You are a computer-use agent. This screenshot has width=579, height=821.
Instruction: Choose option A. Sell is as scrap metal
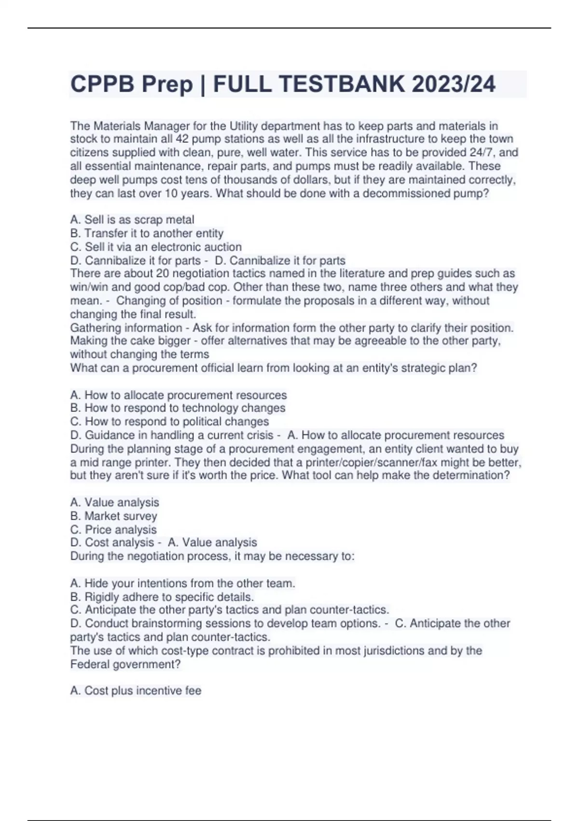132,220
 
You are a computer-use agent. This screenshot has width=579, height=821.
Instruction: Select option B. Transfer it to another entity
147,233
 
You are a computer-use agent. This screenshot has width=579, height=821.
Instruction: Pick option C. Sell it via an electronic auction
156,247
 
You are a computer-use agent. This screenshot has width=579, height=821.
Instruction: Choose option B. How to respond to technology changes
178,408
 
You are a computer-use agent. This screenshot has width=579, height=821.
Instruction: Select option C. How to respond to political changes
169,422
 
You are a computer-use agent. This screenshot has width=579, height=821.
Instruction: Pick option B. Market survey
114,516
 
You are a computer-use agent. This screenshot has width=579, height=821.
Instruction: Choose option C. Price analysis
113,529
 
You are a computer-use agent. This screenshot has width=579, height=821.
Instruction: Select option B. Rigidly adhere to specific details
162,597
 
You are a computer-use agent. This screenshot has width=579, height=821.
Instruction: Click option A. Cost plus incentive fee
136,691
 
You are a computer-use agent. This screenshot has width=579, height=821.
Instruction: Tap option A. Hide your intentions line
182,583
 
